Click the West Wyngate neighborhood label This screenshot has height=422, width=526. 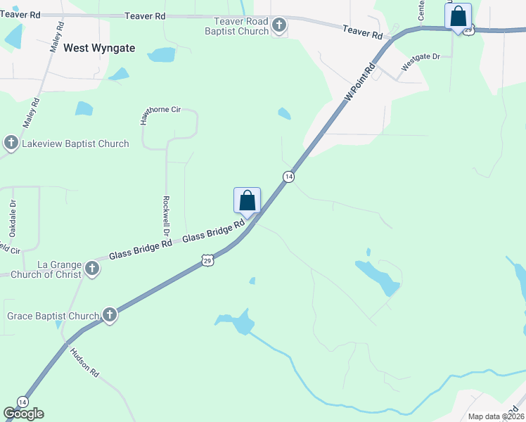(x=104, y=49)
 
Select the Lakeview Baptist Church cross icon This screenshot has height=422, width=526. (x=11, y=144)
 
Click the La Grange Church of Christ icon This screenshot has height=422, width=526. (x=92, y=268)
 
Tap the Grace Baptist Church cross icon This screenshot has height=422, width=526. (x=110, y=315)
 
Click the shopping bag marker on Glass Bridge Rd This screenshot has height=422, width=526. (x=247, y=200)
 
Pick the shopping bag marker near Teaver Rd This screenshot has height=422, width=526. (x=458, y=15)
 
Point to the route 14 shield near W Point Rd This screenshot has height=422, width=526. (x=288, y=176)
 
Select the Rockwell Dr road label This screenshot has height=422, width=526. (x=167, y=215)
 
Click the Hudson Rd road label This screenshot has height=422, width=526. (x=86, y=363)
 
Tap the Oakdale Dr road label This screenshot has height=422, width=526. (x=13, y=219)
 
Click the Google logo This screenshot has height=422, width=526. (x=23, y=414)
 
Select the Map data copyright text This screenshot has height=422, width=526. (x=496, y=416)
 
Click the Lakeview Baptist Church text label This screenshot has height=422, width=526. (x=75, y=144)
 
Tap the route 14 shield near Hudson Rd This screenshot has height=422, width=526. (x=23, y=402)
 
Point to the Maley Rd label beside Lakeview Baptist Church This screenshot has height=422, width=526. (x=31, y=113)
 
